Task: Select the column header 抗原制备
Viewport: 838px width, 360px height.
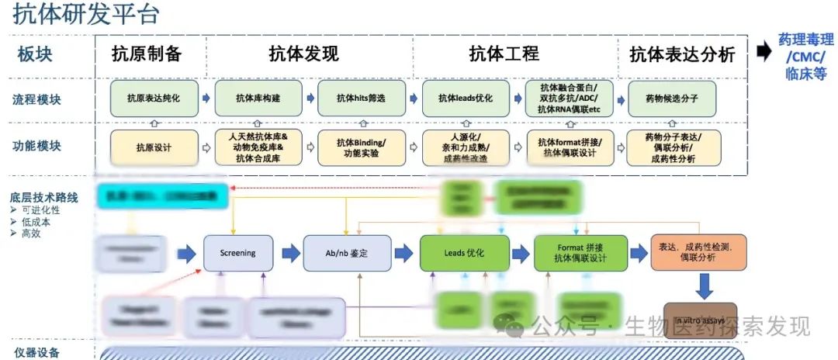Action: pyautogui.click(x=146, y=54)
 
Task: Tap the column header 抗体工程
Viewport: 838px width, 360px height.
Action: pyautogui.click(x=504, y=54)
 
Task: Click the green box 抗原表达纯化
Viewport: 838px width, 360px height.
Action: pyautogui.click(x=154, y=99)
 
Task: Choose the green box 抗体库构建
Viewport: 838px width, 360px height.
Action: pyautogui.click(x=258, y=99)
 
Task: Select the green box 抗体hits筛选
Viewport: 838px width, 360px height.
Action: pyautogui.click(x=361, y=99)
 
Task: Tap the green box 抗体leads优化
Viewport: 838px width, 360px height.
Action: pyautogui.click(x=465, y=99)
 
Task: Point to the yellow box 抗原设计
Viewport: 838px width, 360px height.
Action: pyautogui.click(x=154, y=147)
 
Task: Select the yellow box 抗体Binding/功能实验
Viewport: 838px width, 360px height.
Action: pyautogui.click(x=361, y=147)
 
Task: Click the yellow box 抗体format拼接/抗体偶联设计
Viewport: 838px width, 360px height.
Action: pyautogui.click(x=569, y=147)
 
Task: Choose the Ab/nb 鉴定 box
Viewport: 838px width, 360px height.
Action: pyautogui.click(x=347, y=253)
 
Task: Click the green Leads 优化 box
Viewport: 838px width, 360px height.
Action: pyautogui.click(x=464, y=253)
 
